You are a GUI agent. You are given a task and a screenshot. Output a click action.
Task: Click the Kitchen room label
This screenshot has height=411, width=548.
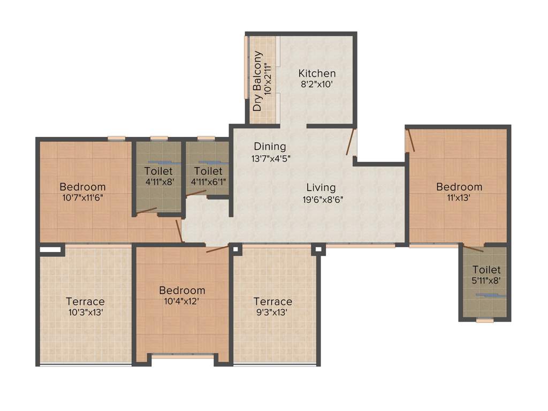317,73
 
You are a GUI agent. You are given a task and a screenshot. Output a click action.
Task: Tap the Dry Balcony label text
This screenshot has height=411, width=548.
258,81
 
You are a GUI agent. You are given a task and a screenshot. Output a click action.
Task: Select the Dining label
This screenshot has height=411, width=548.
270,146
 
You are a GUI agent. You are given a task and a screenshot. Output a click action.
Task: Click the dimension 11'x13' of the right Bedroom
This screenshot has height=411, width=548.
459,197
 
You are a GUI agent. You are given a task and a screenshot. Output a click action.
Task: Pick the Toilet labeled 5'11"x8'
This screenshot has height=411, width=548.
486,270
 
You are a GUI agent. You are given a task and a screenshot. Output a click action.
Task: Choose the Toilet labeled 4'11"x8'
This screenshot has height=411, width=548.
158,171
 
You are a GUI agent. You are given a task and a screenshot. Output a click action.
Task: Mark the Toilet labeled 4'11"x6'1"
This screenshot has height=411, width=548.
208,171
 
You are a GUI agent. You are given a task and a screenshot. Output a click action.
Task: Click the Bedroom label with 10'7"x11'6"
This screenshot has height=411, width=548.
82,187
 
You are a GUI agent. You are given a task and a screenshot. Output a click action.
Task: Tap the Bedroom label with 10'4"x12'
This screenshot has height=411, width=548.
182,291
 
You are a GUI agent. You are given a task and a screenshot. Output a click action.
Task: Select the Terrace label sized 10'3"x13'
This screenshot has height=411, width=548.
85,301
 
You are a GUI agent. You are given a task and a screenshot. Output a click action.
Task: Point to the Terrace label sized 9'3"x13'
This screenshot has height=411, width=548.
272,301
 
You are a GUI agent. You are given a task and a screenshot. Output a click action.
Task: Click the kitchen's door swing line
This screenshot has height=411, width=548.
350,142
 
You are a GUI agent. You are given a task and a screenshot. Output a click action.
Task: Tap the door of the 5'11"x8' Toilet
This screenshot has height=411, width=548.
474,249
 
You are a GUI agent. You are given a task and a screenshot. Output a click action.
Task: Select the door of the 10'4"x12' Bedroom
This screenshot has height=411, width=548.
217,249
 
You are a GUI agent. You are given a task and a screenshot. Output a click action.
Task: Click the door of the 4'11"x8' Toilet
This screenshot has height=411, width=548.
146,211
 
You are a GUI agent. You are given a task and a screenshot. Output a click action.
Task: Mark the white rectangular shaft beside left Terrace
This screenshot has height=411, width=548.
50,249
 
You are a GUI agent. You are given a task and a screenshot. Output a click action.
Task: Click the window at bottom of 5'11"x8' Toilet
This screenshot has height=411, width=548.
484,320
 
